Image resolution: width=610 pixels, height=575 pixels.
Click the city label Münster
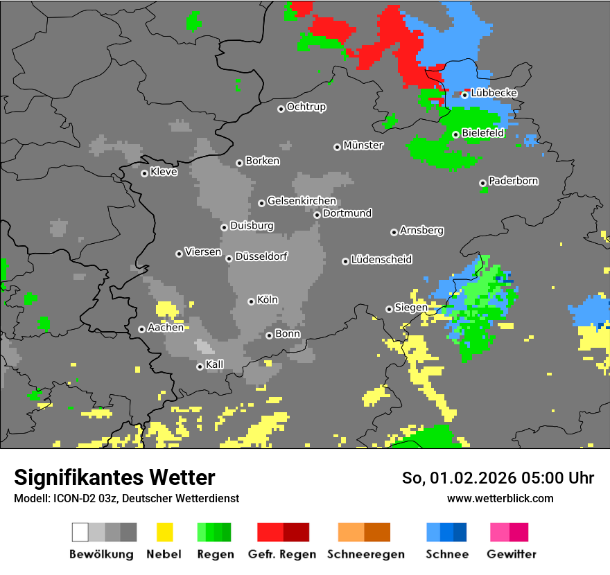(x=363, y=145)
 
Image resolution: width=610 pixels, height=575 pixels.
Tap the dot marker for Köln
(x=251, y=301)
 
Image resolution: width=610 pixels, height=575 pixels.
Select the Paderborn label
(x=513, y=181)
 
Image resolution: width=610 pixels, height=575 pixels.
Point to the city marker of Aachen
(x=141, y=329)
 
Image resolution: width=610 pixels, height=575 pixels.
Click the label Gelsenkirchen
(x=302, y=201)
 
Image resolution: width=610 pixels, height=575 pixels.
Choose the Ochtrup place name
(x=306, y=107)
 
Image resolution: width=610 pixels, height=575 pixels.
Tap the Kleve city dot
(x=144, y=173)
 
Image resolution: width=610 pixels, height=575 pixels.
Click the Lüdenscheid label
(x=381, y=259)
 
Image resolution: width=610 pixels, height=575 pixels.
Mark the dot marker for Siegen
(x=389, y=309)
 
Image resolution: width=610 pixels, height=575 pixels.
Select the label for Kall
(x=215, y=364)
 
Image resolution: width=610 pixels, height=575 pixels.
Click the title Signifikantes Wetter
(x=114, y=477)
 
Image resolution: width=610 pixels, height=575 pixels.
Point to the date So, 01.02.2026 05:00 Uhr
(x=498, y=478)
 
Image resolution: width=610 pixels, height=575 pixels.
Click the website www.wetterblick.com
(x=500, y=498)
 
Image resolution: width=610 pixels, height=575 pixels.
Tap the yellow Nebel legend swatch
(x=164, y=532)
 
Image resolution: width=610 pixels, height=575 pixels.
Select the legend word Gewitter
(x=512, y=554)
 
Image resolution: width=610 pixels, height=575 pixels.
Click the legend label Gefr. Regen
(x=282, y=554)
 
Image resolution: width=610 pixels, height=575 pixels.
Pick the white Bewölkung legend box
(x=80, y=532)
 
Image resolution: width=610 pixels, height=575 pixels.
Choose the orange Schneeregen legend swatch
(x=351, y=532)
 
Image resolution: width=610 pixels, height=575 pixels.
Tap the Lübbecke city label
(x=494, y=93)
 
